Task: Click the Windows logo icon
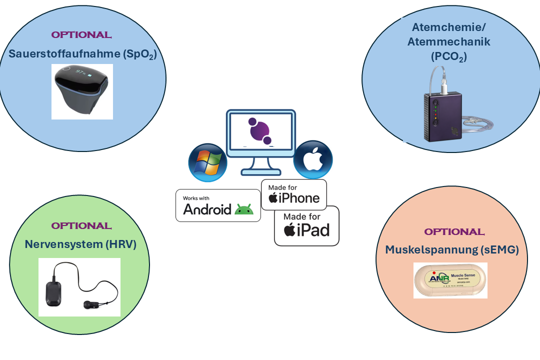[207, 162]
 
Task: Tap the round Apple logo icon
[313, 159]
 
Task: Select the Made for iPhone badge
[294, 194]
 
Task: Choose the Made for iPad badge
[306, 225]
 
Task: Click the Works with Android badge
[218, 205]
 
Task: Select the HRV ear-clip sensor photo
[79, 287]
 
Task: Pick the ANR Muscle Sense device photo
[450, 280]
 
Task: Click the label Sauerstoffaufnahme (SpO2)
[82, 54]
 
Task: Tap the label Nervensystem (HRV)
[80, 244]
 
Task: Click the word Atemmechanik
[449, 42]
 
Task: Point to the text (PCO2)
[448, 57]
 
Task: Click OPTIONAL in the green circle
[81, 226]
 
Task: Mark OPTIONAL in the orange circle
[454, 232]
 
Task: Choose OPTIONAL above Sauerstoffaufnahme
[81, 35]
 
